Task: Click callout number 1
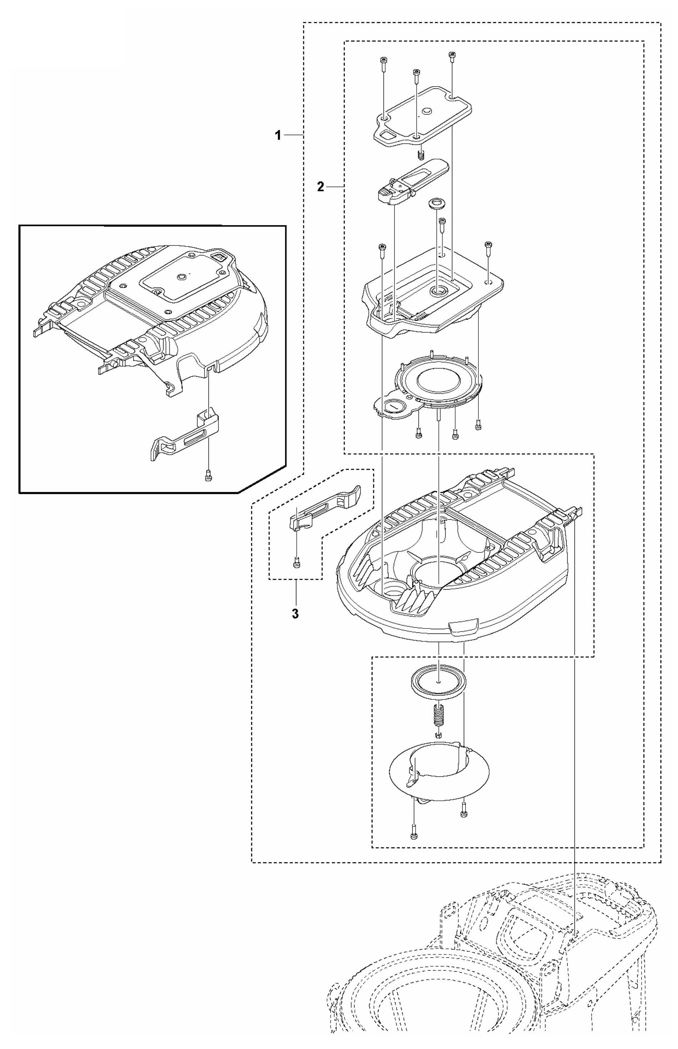[x=277, y=136]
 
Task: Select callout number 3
[x=295, y=613]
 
